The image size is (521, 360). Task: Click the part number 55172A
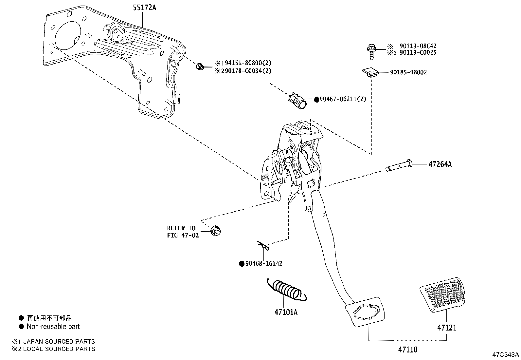click(144, 8)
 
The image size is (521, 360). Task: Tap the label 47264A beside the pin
click(440, 164)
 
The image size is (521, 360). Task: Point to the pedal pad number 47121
click(447, 327)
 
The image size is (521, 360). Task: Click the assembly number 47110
click(407, 350)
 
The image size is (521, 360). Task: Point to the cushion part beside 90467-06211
click(298, 100)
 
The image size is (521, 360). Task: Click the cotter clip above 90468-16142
click(263, 246)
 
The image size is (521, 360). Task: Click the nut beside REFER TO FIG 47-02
click(216, 231)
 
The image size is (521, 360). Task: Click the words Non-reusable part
click(53, 326)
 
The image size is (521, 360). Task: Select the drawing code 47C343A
click(506, 355)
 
